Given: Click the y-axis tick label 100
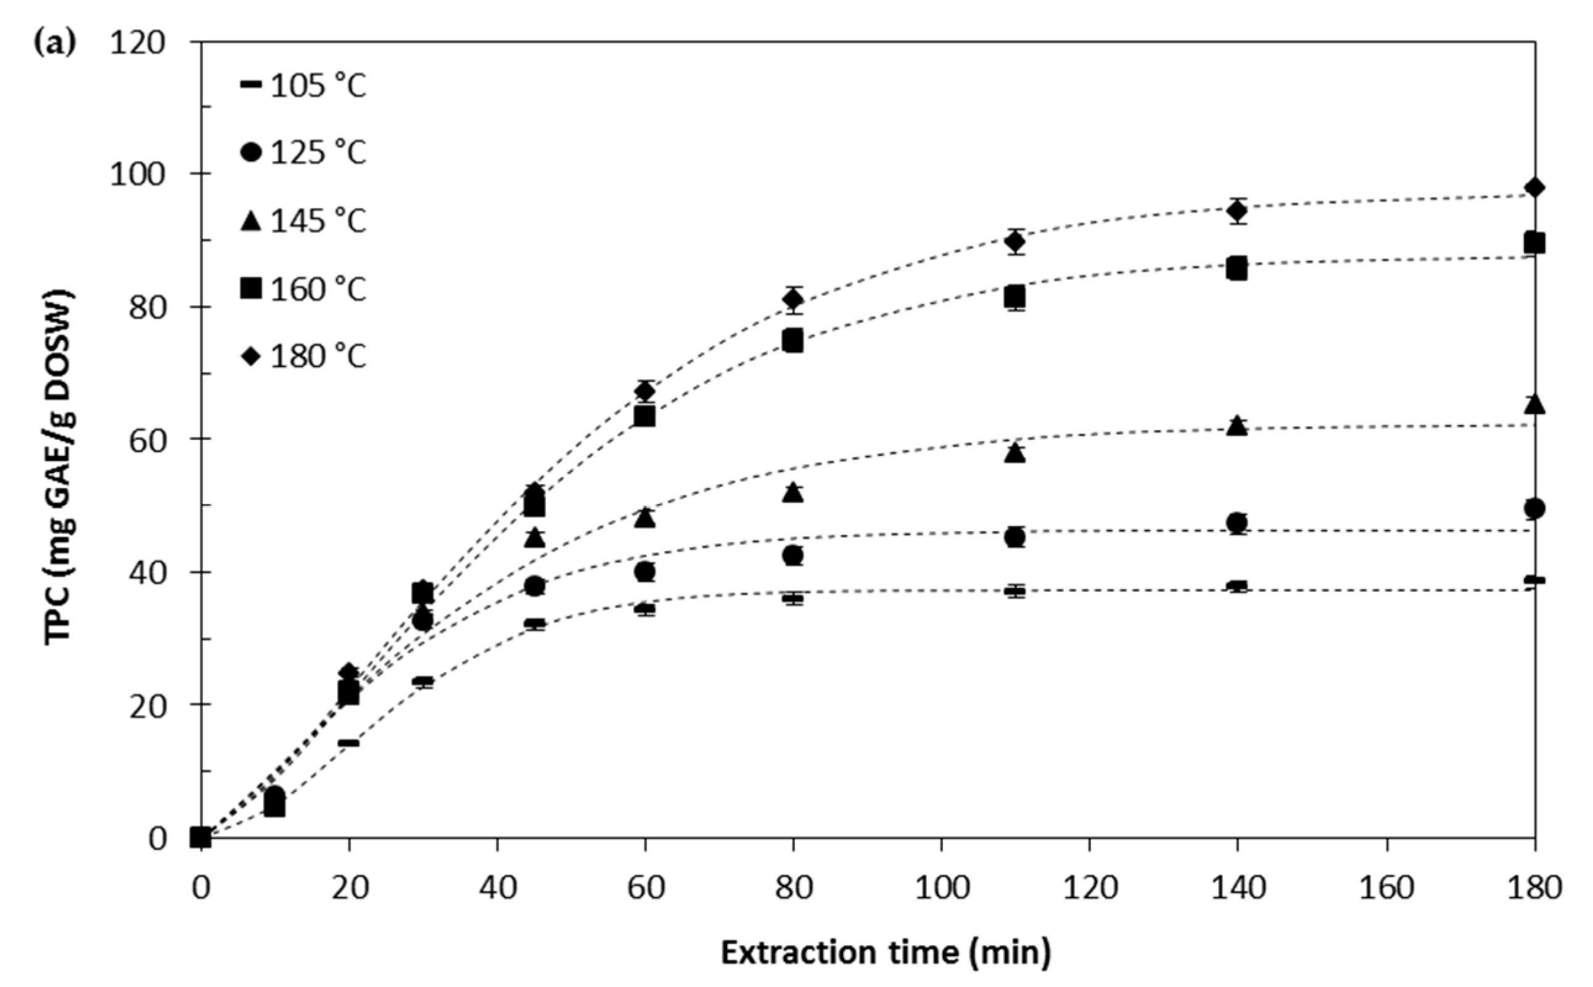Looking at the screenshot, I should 137,175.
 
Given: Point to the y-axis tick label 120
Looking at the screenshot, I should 137,43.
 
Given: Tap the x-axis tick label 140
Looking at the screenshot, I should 1237,888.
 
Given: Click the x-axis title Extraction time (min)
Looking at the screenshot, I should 886,952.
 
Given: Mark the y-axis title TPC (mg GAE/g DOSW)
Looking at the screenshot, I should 60,467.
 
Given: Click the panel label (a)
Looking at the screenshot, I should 54,43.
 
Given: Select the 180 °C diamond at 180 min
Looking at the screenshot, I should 1534,188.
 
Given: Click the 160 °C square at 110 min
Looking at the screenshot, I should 1014,297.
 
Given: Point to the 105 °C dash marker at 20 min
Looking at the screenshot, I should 348,743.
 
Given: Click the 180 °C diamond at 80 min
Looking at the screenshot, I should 793,300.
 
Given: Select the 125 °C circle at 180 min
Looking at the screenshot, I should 1534,508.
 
